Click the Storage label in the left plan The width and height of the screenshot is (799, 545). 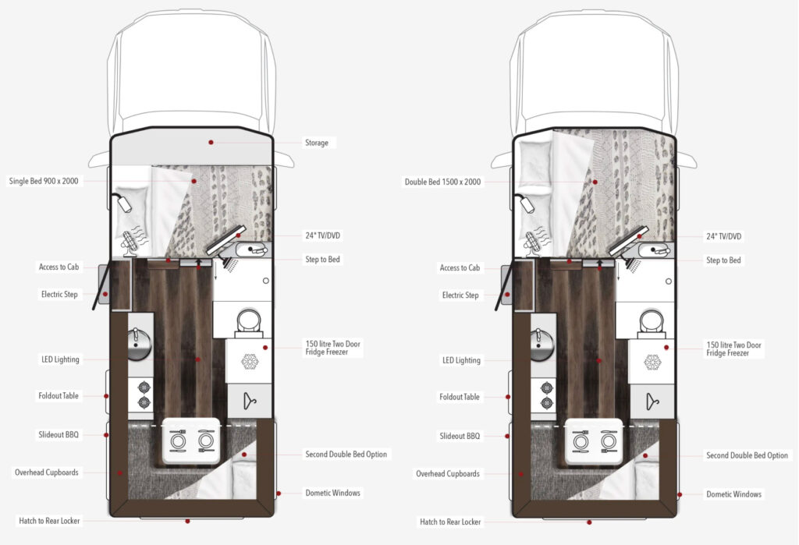[x=316, y=143]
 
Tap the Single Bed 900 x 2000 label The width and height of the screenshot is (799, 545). [x=44, y=182]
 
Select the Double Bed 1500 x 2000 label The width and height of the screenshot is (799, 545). [x=442, y=182]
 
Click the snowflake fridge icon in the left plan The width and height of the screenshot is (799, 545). [x=250, y=361]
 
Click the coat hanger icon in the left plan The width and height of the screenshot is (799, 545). [x=250, y=401]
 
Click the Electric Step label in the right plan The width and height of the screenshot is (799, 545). [x=460, y=296]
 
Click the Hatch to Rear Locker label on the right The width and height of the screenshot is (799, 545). [x=450, y=522]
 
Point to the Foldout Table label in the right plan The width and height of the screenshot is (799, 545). [x=460, y=397]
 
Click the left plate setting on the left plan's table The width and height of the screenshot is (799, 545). [x=178, y=441]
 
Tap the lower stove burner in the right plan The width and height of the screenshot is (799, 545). [x=545, y=404]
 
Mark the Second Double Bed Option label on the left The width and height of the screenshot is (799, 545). [x=345, y=454]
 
